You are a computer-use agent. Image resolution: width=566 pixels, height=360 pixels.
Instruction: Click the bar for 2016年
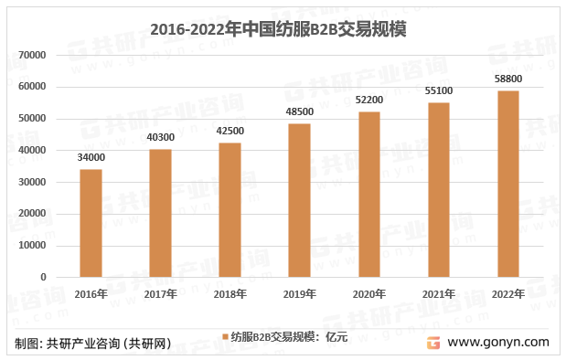pyautogui.click(x=91, y=223)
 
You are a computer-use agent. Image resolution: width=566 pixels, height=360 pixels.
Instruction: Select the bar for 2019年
pyautogui.click(x=299, y=200)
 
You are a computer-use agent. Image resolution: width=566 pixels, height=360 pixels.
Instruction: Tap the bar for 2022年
pyautogui.click(x=507, y=184)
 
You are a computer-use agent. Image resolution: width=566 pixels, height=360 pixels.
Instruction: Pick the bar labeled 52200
pyautogui.click(x=368, y=194)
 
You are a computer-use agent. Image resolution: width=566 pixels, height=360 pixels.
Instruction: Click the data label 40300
pyautogui.click(x=160, y=137)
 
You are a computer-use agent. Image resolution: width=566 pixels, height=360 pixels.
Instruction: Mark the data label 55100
pyautogui.click(x=439, y=90)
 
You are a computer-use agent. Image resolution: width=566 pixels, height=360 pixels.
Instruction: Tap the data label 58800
pyautogui.click(x=508, y=79)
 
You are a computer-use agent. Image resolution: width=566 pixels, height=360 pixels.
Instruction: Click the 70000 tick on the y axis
pyautogui.click(x=32, y=56)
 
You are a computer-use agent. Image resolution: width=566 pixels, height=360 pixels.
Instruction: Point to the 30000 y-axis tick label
pyautogui.click(x=32, y=182)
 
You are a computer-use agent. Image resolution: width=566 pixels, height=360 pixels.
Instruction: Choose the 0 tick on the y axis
pyautogui.click(x=43, y=277)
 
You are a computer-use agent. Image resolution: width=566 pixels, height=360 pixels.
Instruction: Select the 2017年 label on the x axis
pyautogui.click(x=160, y=294)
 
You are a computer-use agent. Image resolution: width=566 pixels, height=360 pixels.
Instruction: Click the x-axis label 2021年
pyautogui.click(x=439, y=294)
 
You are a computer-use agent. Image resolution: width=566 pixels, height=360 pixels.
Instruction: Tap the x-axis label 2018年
pyautogui.click(x=230, y=294)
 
